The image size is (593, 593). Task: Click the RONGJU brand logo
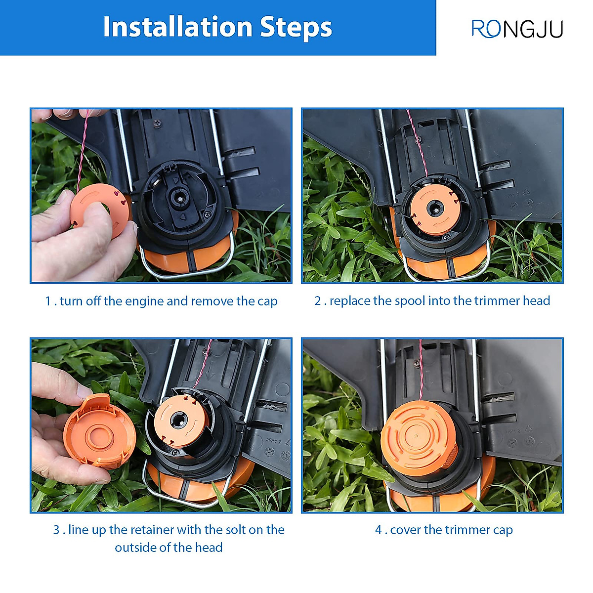tap(517, 29)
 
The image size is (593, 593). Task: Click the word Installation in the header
tap(178, 27)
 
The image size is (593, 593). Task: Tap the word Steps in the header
tap(296, 28)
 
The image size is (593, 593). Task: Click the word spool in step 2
tap(410, 301)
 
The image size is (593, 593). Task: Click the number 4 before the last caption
tap(379, 530)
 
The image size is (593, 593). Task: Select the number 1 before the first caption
tap(48, 301)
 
